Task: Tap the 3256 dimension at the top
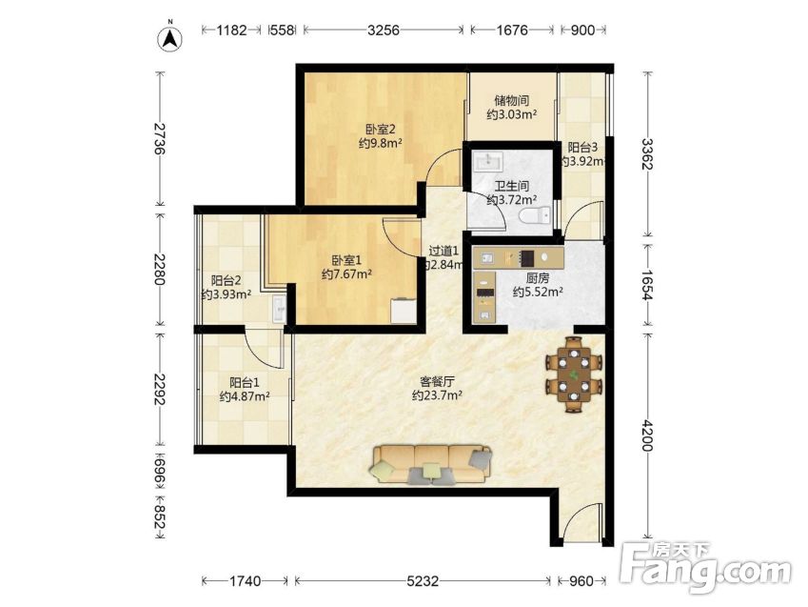point(384,30)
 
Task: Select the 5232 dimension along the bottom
point(423,581)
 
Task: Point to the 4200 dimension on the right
point(647,435)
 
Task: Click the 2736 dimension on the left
point(159,139)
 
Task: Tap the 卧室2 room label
point(381,129)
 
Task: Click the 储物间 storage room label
point(511,101)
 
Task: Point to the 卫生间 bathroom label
point(512,185)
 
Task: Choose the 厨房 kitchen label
point(538,278)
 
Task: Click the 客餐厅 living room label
point(437,382)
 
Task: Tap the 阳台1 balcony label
point(245,383)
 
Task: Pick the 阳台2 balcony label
point(227,281)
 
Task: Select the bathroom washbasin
point(488,162)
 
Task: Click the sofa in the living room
point(431,465)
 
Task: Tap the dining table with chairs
point(574,374)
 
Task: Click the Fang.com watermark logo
point(705,568)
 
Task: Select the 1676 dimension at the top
point(512,30)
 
